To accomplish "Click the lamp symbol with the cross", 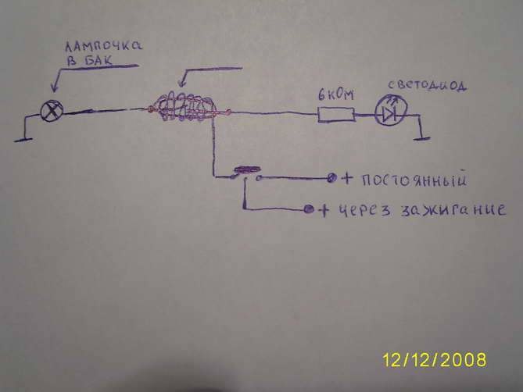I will pos(52,111).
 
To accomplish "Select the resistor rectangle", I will pos(335,116).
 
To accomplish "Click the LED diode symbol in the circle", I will pos(389,114).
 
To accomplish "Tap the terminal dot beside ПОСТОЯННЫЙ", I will pos(332,178).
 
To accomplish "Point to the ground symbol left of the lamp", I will pos(20,137).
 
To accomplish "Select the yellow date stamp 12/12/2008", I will pos(435,360).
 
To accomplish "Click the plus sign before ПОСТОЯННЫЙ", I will pos(347,179).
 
